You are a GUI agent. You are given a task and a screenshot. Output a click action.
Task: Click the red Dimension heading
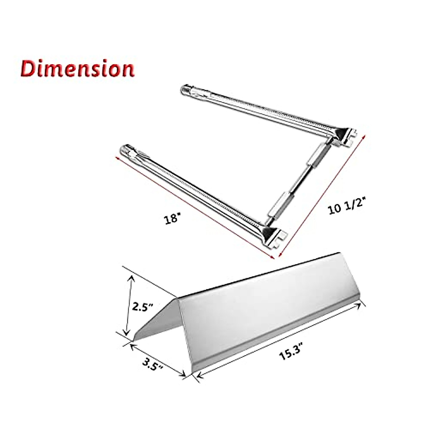77,69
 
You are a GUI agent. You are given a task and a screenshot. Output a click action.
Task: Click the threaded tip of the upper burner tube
187,88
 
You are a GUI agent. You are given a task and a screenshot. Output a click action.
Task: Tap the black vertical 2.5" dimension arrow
128,306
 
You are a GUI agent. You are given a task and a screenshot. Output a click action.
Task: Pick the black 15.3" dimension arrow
279,340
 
